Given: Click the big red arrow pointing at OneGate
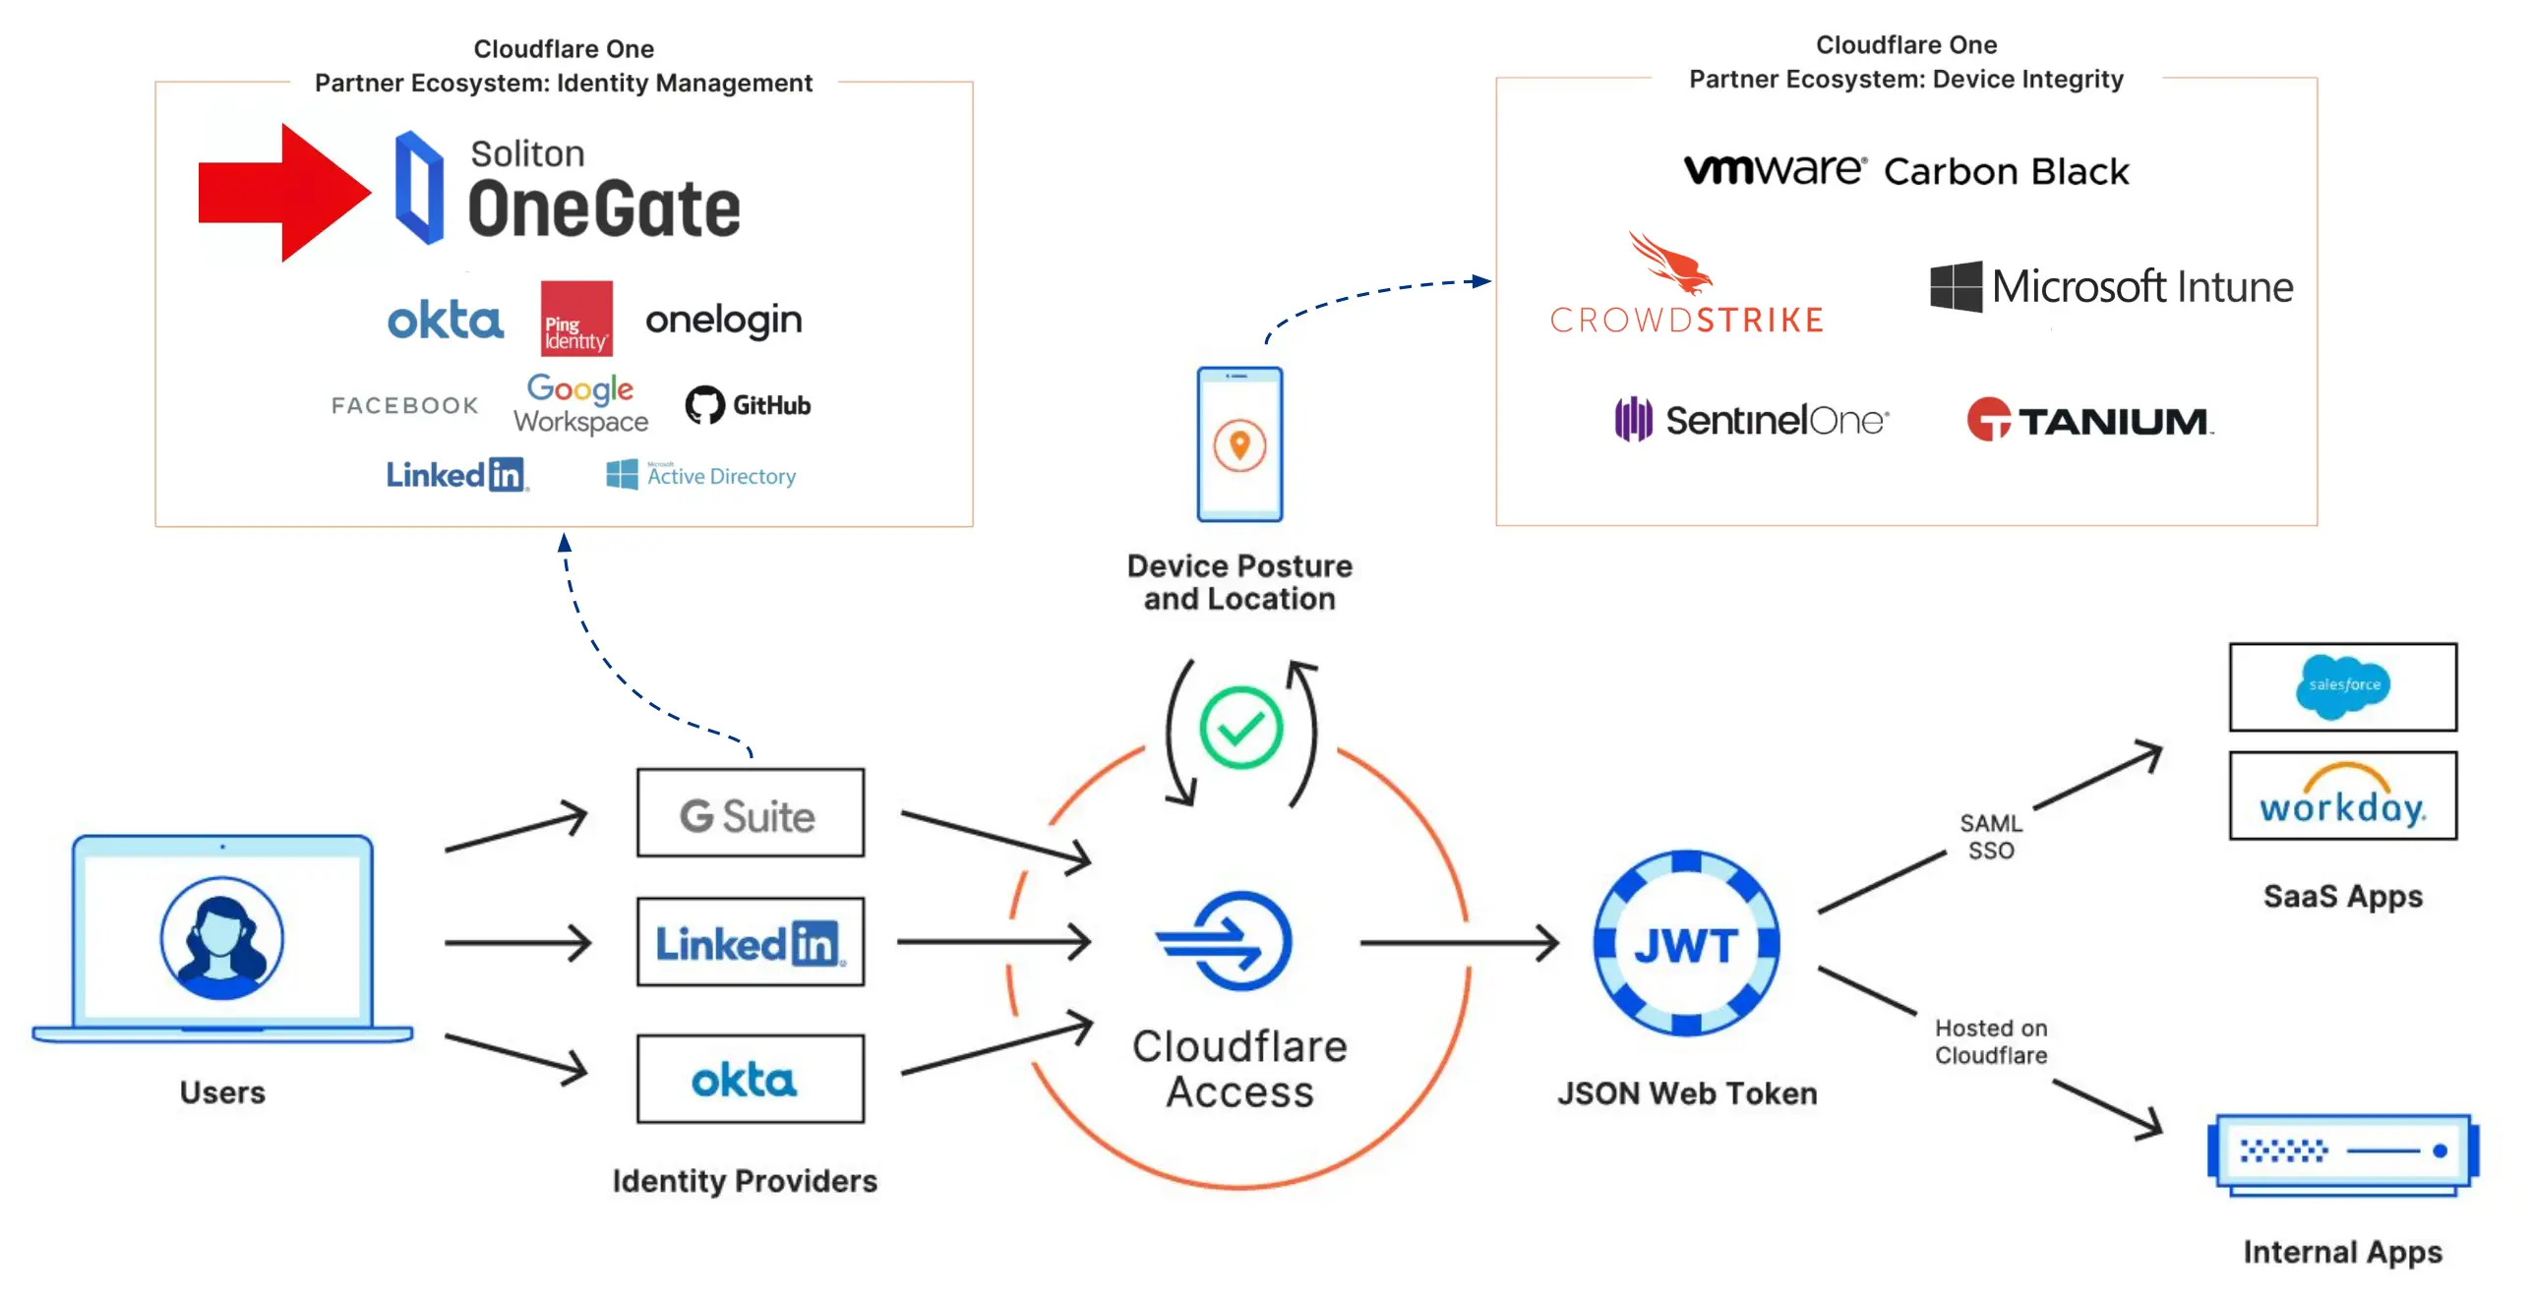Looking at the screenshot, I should [x=280, y=193].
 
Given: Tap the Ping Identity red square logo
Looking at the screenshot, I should [x=576, y=319].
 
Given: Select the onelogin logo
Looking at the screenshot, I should [x=723, y=320].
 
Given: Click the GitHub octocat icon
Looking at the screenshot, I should [x=704, y=405].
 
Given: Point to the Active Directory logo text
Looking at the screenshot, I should [x=720, y=476].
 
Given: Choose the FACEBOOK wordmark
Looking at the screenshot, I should [x=404, y=405].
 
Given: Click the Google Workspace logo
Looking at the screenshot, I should [x=580, y=404].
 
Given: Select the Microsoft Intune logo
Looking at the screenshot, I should [x=2111, y=287].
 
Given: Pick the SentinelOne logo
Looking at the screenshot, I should [x=1751, y=420].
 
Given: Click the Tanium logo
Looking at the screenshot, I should [x=2089, y=420].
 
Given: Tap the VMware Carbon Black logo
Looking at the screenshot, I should [x=1905, y=171].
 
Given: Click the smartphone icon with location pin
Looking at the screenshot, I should [x=1239, y=444].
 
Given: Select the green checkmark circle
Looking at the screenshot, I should [x=1240, y=729].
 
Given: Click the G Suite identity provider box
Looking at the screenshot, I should [x=751, y=813].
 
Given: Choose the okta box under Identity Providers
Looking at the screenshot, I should [x=751, y=1079].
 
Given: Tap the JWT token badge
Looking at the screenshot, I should [x=1686, y=943].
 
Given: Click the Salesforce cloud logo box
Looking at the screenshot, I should [x=2342, y=686].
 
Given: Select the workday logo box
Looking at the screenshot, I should [x=2342, y=795].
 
